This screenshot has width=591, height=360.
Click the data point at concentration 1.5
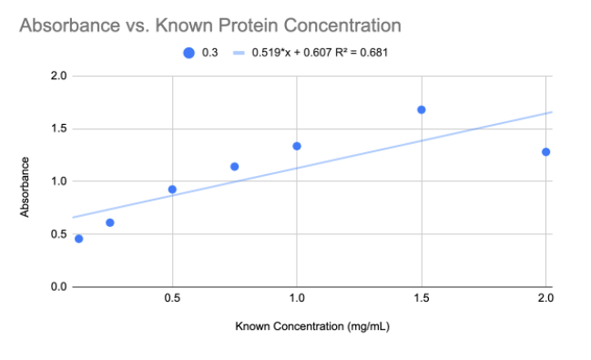[x=421, y=109]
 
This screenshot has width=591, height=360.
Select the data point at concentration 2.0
[x=545, y=152]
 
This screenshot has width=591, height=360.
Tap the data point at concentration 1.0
[x=296, y=146]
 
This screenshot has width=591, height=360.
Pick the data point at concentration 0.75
[x=234, y=167]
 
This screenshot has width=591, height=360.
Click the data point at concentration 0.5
[x=172, y=190]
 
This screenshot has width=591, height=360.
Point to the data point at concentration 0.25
[x=110, y=222]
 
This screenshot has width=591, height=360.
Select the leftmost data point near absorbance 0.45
[x=78, y=239]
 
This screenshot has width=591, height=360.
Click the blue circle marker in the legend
[x=189, y=52]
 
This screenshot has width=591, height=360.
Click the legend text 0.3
[x=209, y=52]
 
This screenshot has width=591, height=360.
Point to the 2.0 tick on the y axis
[x=58, y=76]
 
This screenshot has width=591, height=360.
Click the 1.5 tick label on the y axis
[x=58, y=129]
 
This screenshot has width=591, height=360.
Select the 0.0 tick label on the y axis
[x=58, y=287]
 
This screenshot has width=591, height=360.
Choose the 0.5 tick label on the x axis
[x=172, y=299]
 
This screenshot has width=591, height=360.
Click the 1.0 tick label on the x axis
[x=296, y=299]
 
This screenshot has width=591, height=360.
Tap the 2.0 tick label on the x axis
[x=545, y=299]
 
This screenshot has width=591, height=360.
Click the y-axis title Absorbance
[x=25, y=187]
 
